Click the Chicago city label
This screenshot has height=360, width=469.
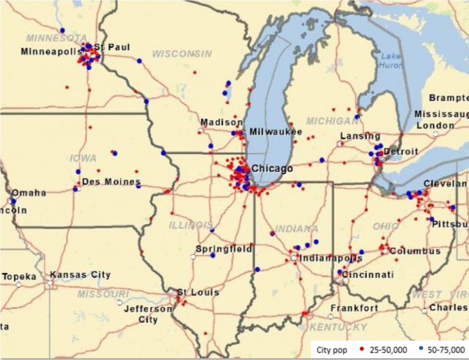(x=272, y=169)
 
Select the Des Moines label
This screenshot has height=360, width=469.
(x=111, y=182)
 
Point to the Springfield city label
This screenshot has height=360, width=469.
(x=224, y=249)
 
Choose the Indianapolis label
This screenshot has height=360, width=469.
(x=330, y=258)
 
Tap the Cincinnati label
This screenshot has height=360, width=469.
(x=368, y=275)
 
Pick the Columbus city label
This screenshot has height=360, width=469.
(x=415, y=251)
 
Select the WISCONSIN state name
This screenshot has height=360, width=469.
(x=182, y=54)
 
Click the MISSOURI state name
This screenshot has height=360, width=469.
(x=103, y=294)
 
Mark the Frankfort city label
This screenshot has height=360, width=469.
(x=355, y=308)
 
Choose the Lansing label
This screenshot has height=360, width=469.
(x=360, y=136)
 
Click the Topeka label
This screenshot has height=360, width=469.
(x=19, y=276)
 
